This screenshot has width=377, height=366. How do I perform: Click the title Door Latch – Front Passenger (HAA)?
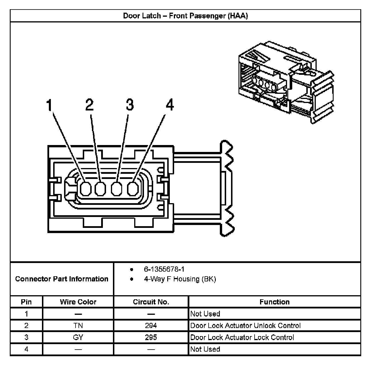click(x=185, y=16)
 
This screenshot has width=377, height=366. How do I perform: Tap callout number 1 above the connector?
click(x=50, y=105)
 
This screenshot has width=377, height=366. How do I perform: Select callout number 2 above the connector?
click(x=89, y=105)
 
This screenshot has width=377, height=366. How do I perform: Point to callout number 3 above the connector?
click(x=130, y=105)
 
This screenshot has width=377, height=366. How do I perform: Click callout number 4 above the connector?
click(x=170, y=105)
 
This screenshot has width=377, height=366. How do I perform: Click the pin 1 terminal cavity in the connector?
click(x=85, y=189)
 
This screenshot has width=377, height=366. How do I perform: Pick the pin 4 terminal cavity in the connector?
click(x=133, y=189)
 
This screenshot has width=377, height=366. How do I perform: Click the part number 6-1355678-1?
click(x=164, y=269)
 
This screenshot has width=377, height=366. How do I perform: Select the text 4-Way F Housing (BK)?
click(x=180, y=279)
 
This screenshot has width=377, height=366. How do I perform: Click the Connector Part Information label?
click(x=62, y=279)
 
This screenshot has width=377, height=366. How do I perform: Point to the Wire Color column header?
click(x=78, y=302)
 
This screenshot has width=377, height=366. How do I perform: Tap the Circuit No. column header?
click(x=151, y=302)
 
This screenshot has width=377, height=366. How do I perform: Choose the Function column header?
click(x=274, y=302)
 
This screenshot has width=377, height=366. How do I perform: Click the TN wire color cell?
click(x=78, y=325)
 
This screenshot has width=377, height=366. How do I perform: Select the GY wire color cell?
click(x=78, y=337)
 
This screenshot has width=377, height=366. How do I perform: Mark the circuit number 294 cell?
click(x=151, y=325)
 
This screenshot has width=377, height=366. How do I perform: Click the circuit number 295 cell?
click(x=151, y=337)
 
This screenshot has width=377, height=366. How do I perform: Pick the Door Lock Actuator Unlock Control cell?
click(x=245, y=325)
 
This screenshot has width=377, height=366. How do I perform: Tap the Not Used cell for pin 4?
click(x=205, y=349)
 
